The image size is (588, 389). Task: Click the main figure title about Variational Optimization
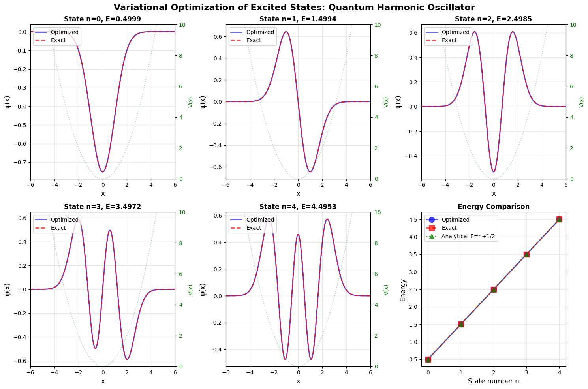(x=294, y=7)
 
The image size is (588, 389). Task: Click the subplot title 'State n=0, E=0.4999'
(x=103, y=19)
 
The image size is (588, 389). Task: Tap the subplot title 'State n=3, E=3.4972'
(x=103, y=207)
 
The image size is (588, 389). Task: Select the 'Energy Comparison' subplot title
(x=494, y=207)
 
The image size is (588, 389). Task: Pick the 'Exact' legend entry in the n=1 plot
(x=253, y=40)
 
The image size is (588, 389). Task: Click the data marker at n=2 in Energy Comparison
(x=494, y=289)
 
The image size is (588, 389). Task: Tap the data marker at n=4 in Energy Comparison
(x=559, y=219)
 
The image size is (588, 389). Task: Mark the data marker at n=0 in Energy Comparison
(x=428, y=359)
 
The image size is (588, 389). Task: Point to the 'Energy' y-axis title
(x=403, y=290)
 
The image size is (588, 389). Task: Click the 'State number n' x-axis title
(x=494, y=381)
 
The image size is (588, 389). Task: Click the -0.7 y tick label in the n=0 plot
(x=20, y=162)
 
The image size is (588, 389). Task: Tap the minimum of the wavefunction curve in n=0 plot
(x=103, y=172)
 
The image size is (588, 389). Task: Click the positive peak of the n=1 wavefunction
(x=286, y=32)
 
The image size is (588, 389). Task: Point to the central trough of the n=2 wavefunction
(x=494, y=172)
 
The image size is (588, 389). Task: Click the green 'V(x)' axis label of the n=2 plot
(x=582, y=102)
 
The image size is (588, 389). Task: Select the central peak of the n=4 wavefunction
(x=298, y=234)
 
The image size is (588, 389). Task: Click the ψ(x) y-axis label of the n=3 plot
(x=8, y=289)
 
